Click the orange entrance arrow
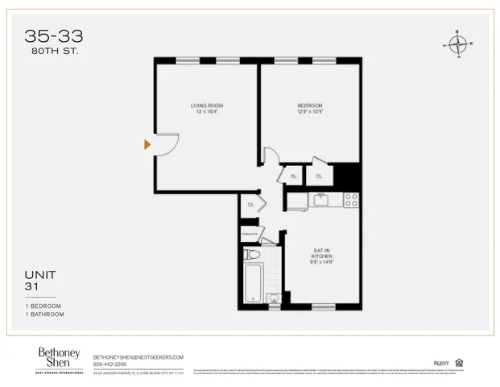click(x=147, y=144)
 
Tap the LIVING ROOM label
click(x=206, y=105)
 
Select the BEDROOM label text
click(x=309, y=105)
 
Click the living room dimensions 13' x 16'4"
click(x=206, y=111)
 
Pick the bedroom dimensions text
click(x=309, y=111)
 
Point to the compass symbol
click(x=457, y=44)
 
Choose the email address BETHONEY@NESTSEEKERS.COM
click(x=138, y=356)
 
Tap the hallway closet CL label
click(x=250, y=205)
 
